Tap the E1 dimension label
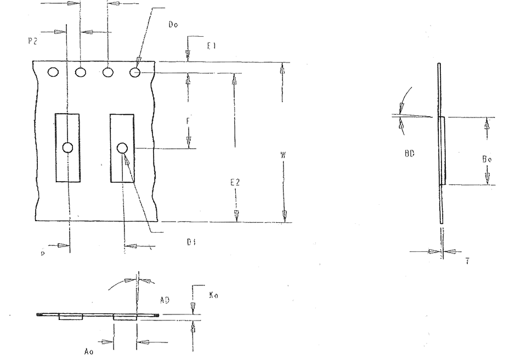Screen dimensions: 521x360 click(210, 47)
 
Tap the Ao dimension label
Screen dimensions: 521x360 click(88, 352)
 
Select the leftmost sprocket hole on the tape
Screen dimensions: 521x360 click(53, 72)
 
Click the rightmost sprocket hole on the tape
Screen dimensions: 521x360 click(135, 72)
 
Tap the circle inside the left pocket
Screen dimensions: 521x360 click(67, 148)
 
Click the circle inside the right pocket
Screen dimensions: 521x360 click(122, 148)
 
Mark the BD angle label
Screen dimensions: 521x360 click(410, 154)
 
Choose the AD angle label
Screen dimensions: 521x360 click(164, 300)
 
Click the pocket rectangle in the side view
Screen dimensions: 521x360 click(442, 150)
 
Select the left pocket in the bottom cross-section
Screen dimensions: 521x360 click(70, 317)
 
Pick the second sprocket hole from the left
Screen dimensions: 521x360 click(81, 72)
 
